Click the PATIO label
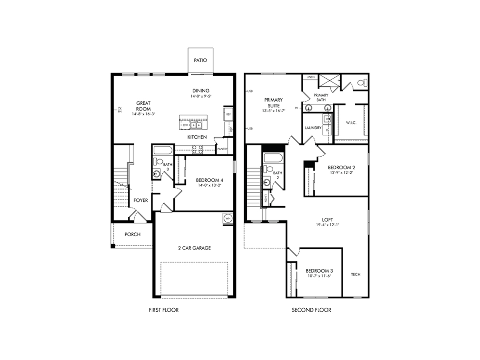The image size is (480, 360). point(200,60)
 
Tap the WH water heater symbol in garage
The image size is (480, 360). point(228,218)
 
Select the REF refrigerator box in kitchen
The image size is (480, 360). point(229,114)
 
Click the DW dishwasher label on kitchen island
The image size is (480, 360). point(185,125)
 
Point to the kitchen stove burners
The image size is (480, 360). point(197,149)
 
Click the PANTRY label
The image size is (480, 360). point(222,149)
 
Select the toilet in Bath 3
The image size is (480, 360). point(157,162)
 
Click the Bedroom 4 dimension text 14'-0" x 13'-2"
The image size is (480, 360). point(209,185)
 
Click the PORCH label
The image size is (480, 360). point(132,234)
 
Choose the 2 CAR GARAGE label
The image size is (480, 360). point(194,248)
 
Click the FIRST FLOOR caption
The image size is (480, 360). point(163,310)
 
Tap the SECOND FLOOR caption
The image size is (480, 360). point(311,310)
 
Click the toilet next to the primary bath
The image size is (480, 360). point(362,82)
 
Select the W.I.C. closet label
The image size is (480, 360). point(351,123)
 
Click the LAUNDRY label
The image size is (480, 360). point(313,128)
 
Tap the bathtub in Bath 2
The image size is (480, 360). point(273,158)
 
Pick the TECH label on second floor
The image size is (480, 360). point(355,274)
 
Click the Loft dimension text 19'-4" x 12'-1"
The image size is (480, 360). point(327,225)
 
